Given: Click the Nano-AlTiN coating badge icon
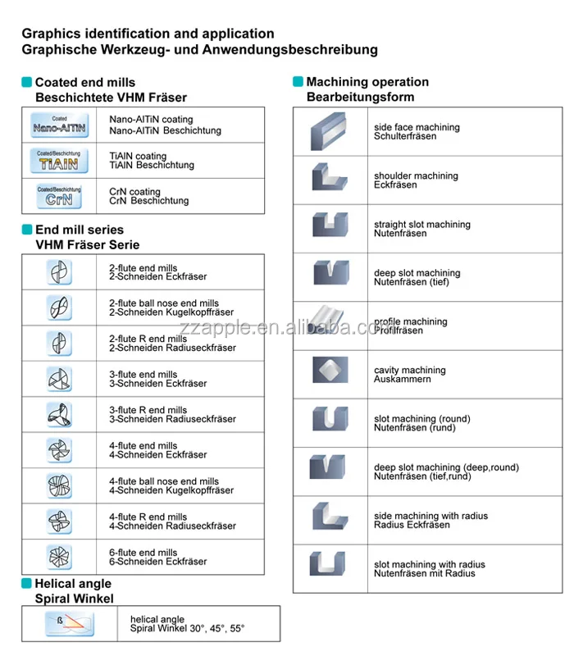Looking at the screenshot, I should [60, 125].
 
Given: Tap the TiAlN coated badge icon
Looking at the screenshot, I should [60, 161].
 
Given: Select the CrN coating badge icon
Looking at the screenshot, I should [60, 196].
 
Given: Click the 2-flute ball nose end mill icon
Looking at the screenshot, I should [60, 307].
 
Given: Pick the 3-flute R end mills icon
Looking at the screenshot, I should [60, 414].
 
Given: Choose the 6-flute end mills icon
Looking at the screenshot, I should [60, 557].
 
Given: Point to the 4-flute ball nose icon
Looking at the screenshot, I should [60, 485].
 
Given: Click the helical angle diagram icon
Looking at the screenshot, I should [69, 624].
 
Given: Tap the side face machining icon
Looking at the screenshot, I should [330, 132].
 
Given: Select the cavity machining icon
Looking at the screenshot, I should [330, 370].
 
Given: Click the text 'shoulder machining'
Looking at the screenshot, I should [416, 176].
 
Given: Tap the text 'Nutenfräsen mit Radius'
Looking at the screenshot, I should [424, 573].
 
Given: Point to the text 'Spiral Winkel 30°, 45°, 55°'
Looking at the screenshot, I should [187, 629].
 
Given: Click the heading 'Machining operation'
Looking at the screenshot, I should [367, 82].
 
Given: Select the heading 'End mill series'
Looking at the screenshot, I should [80, 230].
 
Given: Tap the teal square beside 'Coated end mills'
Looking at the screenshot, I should [27, 82].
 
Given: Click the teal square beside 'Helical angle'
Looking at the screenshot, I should [26, 584].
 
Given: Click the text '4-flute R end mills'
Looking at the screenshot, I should [148, 517].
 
